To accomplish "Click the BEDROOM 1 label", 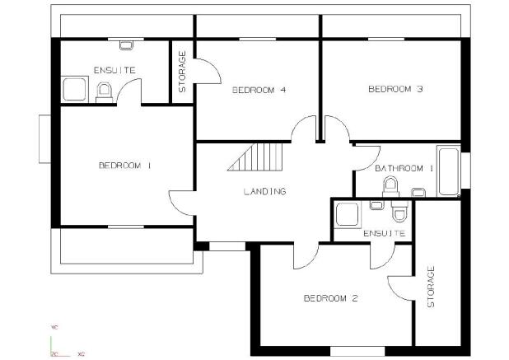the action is click(x=125, y=166).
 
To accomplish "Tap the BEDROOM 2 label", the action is click(x=331, y=298).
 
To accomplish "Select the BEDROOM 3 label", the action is click(x=395, y=89).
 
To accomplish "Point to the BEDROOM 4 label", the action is click(x=259, y=90).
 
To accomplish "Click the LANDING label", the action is click(x=265, y=191).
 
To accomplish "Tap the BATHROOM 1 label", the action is click(x=404, y=169).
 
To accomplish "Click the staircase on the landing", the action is click(x=255, y=157).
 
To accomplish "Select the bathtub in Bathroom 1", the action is click(x=448, y=171).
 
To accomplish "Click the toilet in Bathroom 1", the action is click(x=390, y=187).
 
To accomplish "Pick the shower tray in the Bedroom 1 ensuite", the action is click(x=74, y=89).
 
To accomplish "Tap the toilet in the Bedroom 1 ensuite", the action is click(x=105, y=93).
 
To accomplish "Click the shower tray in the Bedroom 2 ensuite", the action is click(x=348, y=214).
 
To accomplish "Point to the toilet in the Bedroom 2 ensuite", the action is click(x=399, y=211).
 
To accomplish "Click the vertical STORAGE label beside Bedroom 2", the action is click(x=431, y=287).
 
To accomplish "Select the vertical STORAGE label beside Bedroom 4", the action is click(x=182, y=72).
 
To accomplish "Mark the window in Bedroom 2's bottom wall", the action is click(x=357, y=351).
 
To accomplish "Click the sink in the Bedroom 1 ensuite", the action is click(x=126, y=45).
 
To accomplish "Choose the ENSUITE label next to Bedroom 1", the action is click(x=114, y=70).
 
